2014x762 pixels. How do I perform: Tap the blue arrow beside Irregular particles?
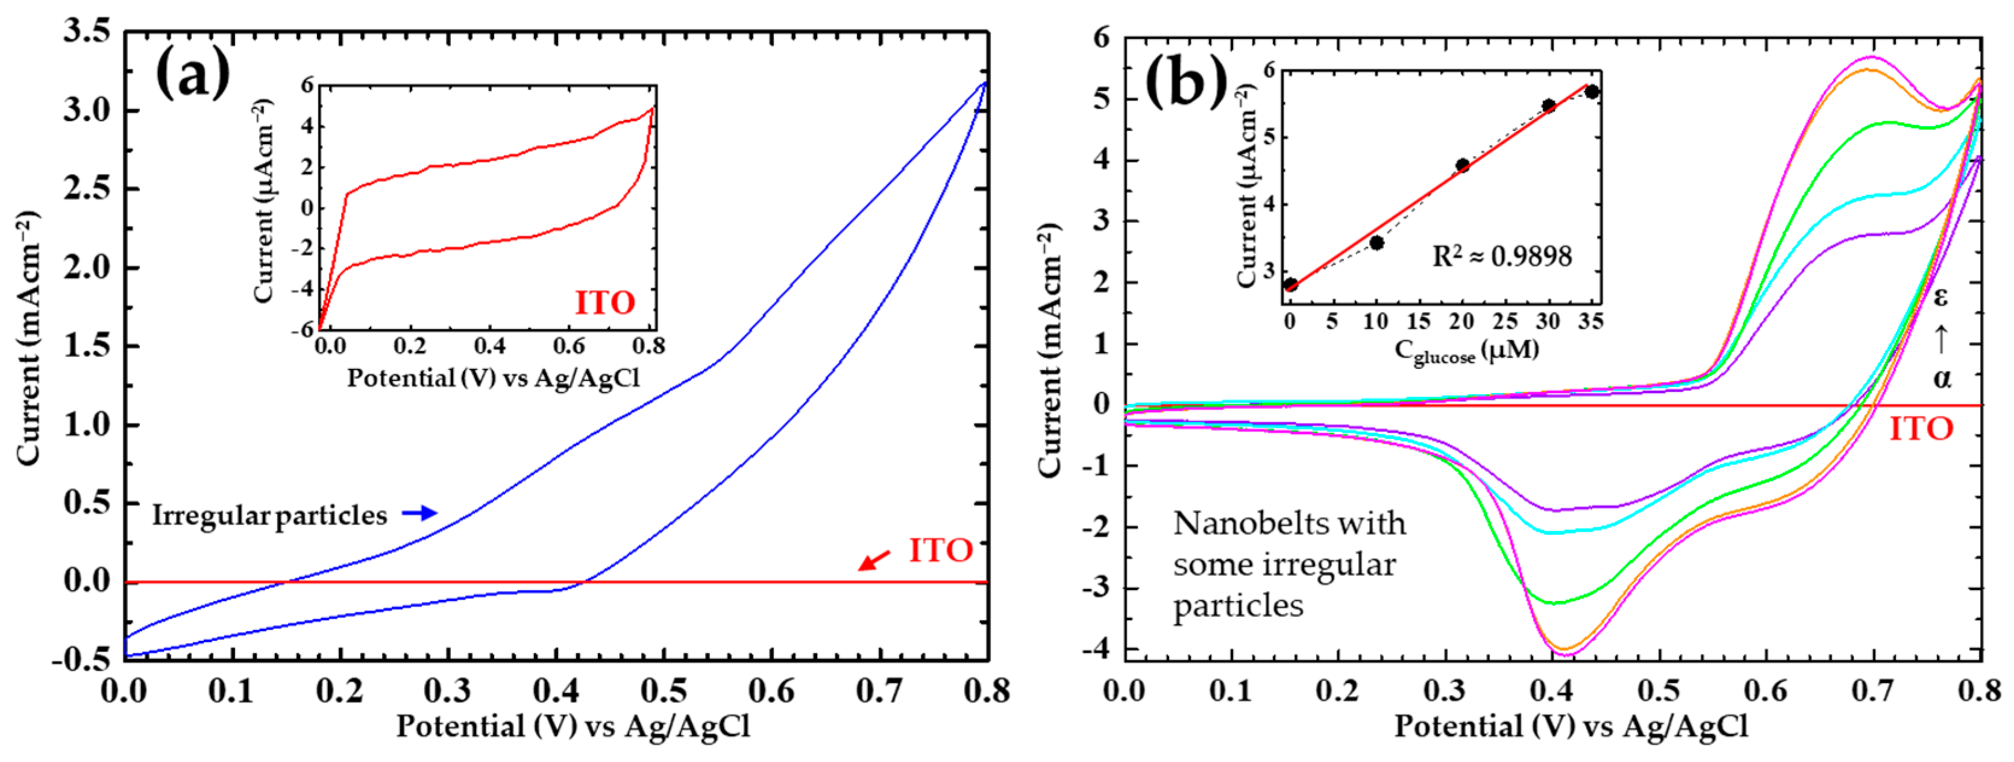[x=420, y=513]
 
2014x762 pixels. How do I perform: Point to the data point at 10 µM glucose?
[x=1377, y=242]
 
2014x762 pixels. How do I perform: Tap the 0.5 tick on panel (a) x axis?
[x=663, y=691]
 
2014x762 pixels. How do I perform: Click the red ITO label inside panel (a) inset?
[x=605, y=303]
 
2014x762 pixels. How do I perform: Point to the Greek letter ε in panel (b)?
[x=1940, y=297]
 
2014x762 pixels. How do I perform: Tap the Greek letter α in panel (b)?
[x=1941, y=379]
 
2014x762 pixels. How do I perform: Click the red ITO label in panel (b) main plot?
[x=1921, y=429]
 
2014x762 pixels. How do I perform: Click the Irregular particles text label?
[x=269, y=515]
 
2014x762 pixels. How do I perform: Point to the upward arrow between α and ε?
[x=1940, y=339]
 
